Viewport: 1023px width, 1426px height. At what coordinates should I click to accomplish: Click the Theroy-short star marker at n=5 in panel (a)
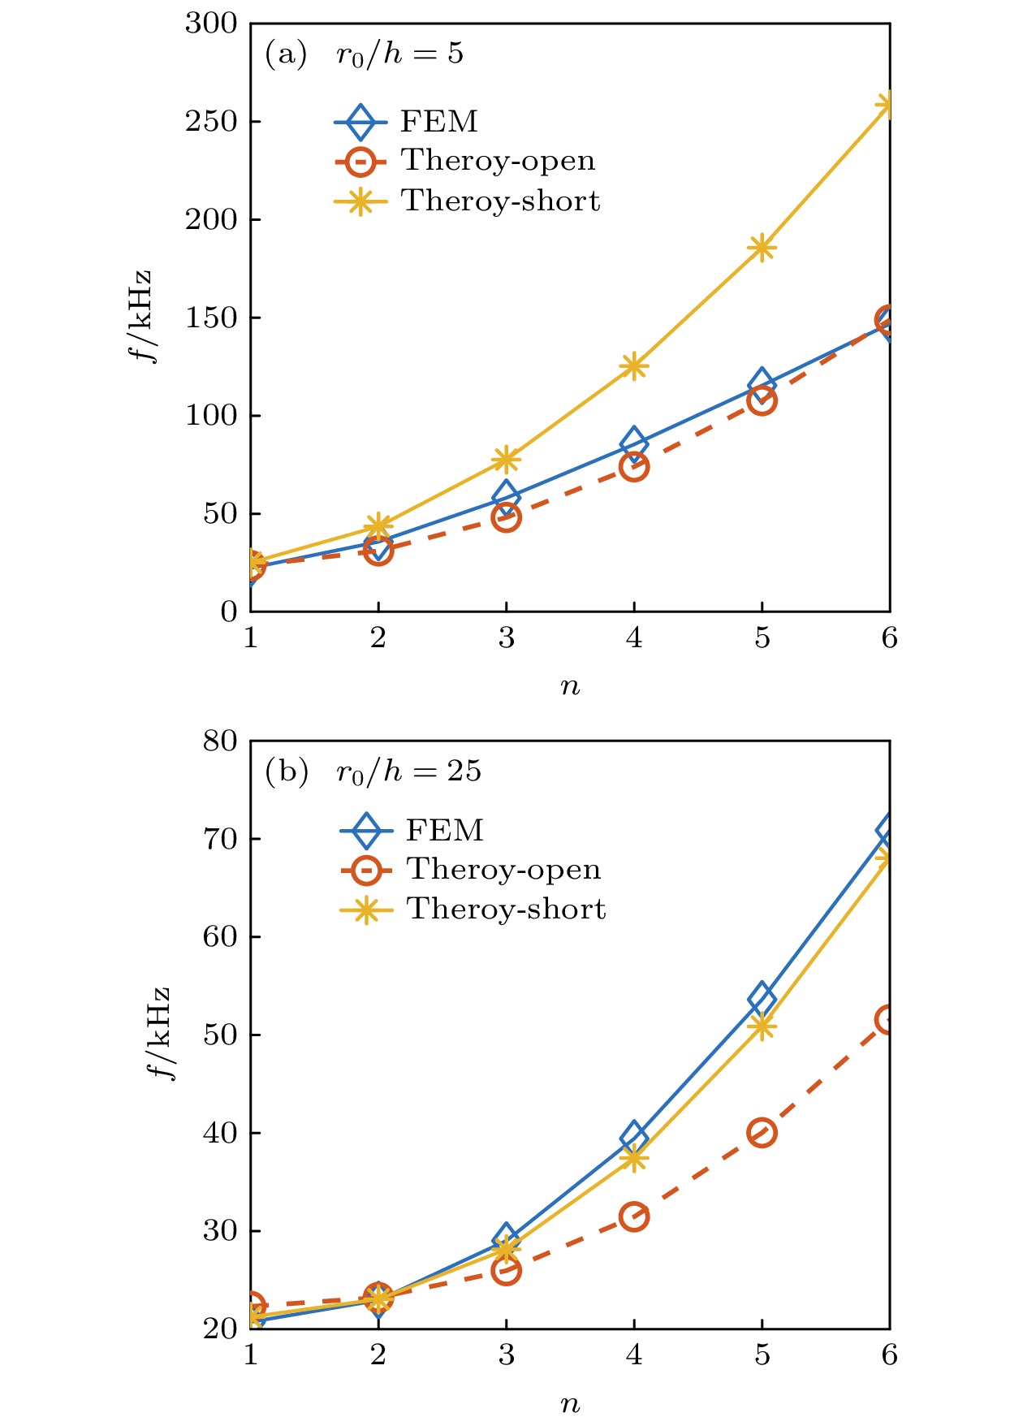pos(762,248)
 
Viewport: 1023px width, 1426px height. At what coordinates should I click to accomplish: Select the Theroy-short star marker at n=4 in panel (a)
pos(634,367)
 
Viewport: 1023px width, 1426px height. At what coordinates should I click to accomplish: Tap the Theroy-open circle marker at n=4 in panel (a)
pos(634,467)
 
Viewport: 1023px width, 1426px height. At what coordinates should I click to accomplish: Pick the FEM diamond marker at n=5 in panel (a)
pos(762,382)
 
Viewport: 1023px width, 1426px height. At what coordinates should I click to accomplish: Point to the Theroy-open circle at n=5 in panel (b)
pos(762,1132)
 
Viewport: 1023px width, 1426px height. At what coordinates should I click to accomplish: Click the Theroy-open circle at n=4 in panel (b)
pos(634,1216)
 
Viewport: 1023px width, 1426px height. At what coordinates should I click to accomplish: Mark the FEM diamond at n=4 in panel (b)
pos(634,1138)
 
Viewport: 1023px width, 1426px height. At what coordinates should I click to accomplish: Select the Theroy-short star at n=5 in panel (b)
pos(762,1026)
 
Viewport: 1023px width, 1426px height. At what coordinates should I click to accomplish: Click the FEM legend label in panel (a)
pos(438,122)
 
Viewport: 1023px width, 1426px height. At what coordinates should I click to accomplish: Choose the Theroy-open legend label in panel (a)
pos(498,161)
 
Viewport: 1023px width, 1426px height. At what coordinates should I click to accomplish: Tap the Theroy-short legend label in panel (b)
pos(506,909)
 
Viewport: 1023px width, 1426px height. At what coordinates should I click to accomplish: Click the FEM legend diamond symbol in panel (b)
pos(367,831)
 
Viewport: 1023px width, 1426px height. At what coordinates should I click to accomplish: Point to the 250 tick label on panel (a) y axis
pos(210,122)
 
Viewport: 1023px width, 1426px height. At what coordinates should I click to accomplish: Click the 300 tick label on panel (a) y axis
pos(210,24)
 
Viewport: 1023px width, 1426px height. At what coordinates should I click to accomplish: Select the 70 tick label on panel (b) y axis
pos(219,839)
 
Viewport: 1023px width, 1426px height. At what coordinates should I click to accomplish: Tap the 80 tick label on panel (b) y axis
pos(219,741)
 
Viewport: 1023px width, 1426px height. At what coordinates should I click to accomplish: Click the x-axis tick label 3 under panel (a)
pos(506,638)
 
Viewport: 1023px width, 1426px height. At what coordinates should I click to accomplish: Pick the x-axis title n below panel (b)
pos(570,1404)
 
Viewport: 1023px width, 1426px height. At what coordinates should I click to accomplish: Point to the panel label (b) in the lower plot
pos(287,771)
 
